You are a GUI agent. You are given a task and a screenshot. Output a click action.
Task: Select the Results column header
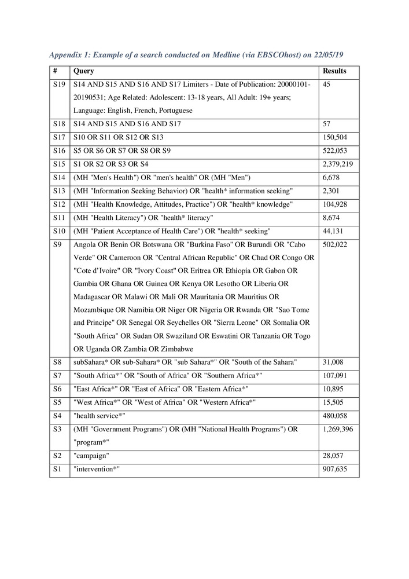[336, 72]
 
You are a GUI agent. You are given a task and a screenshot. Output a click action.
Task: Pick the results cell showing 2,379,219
[340, 164]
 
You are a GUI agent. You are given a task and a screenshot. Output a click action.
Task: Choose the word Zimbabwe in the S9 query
[173, 349]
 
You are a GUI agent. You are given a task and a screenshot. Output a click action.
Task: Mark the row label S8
[57, 362]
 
